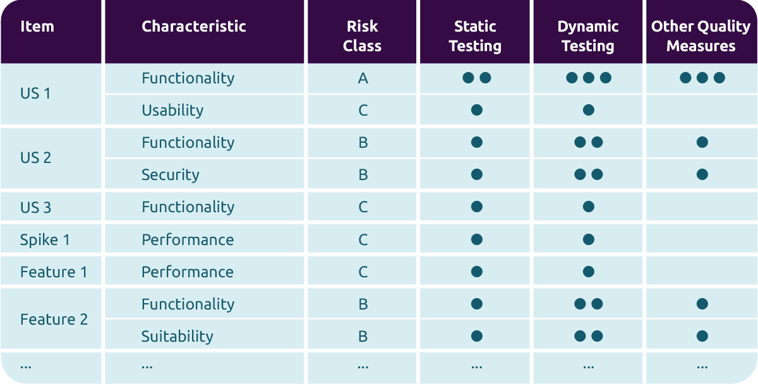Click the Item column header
(x=37, y=27)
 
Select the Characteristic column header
(x=193, y=27)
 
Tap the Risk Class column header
(x=363, y=36)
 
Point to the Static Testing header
(x=474, y=36)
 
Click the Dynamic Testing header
(x=588, y=36)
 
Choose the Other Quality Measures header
(x=701, y=36)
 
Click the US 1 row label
(x=35, y=93)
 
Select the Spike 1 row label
(x=45, y=240)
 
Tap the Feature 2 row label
(x=54, y=320)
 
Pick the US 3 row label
(x=35, y=207)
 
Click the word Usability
(x=172, y=111)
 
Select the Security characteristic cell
(x=170, y=175)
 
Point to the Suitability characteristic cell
(x=177, y=337)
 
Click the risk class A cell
(x=363, y=78)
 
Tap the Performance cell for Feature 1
(x=188, y=272)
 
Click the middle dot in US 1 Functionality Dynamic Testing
(x=589, y=78)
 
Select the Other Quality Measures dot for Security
(x=702, y=174)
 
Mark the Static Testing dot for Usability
(x=477, y=110)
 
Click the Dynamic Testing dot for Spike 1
(x=589, y=239)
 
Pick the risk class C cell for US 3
(x=363, y=207)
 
